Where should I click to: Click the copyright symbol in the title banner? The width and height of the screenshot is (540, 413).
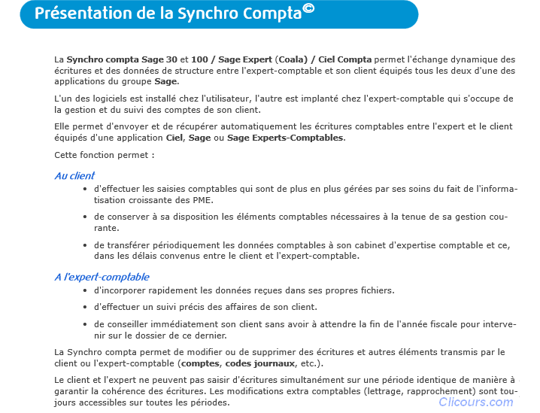(x=308, y=8)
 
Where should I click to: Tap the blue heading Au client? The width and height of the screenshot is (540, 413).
(x=74, y=176)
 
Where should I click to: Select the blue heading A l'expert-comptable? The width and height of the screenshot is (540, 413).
(x=102, y=277)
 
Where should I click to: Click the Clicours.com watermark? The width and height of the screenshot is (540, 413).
(x=476, y=402)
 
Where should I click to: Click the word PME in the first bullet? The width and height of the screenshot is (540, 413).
(x=202, y=199)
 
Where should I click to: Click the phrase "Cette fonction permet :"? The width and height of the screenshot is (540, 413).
(x=105, y=155)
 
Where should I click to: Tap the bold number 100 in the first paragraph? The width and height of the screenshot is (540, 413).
(x=199, y=59)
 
